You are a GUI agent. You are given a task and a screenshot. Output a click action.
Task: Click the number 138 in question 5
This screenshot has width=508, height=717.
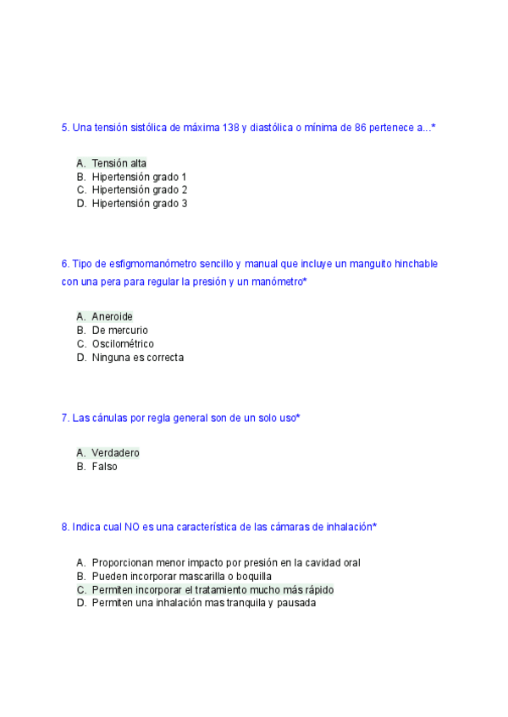[230, 128]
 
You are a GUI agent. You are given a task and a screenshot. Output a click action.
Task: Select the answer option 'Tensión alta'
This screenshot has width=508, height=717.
[119, 163]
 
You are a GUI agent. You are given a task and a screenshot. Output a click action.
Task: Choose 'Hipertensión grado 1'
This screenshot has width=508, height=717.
[140, 177]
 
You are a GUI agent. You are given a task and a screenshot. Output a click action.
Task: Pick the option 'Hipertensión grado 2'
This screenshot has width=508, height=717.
[140, 190]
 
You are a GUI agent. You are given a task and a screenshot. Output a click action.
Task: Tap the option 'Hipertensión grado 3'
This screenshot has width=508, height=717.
[140, 204]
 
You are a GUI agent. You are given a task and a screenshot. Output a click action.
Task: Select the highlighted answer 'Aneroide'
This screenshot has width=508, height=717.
[112, 317]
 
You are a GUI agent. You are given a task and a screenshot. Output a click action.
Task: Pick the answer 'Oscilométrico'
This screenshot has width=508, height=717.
[123, 344]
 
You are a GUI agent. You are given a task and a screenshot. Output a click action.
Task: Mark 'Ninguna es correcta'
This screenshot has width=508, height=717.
[138, 358]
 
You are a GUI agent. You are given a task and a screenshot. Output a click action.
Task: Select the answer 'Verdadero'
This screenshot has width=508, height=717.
[116, 453]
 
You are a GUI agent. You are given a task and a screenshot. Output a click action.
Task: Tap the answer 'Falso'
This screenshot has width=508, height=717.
[105, 467]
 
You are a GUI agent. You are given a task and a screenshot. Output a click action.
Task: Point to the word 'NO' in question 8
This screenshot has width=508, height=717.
[131, 527]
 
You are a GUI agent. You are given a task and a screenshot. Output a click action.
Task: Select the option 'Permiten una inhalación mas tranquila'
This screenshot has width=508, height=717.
[203, 603]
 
